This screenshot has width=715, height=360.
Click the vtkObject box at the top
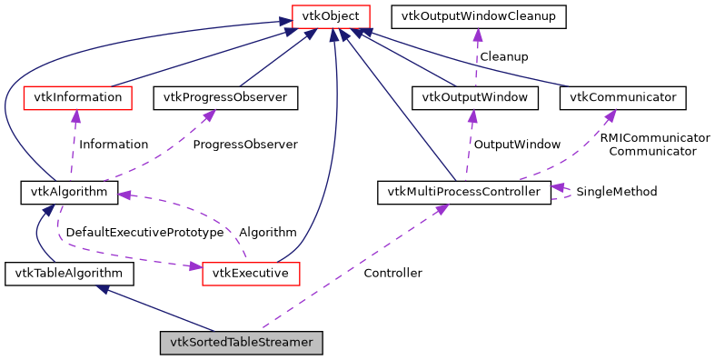(331, 16)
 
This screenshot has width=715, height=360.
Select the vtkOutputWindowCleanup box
(478, 16)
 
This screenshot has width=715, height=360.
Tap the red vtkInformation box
(75, 96)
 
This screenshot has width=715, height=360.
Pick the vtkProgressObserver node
(226, 96)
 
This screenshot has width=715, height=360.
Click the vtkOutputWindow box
(475, 96)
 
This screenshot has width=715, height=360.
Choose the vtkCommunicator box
(622, 96)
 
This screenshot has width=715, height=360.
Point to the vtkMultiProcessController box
(463, 192)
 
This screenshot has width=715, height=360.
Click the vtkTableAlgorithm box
(69, 273)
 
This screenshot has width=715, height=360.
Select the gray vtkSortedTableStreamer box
(241, 343)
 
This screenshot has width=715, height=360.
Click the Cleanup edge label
(504, 56)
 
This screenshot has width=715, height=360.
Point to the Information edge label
(114, 144)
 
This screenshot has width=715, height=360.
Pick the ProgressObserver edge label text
(245, 144)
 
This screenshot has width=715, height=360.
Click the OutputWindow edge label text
(517, 144)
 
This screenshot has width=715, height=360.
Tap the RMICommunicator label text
(654, 137)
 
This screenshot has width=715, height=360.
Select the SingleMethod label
(616, 192)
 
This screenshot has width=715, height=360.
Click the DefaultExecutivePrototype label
(144, 233)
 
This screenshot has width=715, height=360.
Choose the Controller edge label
(392, 273)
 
